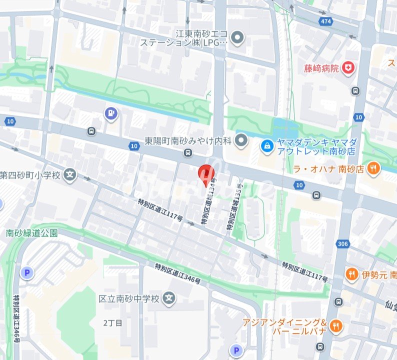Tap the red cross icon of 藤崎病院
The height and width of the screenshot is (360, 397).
pyautogui.click(x=348, y=67)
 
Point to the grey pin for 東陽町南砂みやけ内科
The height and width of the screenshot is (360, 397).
pyautogui.click(x=242, y=140)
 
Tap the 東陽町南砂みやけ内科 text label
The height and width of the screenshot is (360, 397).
pyautogui.click(x=188, y=141)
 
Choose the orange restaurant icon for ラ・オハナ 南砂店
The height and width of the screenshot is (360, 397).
pyautogui.click(x=372, y=169)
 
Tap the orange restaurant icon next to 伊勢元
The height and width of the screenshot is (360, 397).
pyautogui.click(x=352, y=273)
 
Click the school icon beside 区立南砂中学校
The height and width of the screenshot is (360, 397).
pyautogui.click(x=170, y=298)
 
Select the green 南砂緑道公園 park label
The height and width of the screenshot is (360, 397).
pyautogui.click(x=32, y=233)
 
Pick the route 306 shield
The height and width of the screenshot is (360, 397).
pyautogui.click(x=342, y=243)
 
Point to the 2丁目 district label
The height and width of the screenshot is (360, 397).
pyautogui.click(x=112, y=323)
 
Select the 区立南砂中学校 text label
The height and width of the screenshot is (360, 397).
pyautogui.click(x=129, y=298)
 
